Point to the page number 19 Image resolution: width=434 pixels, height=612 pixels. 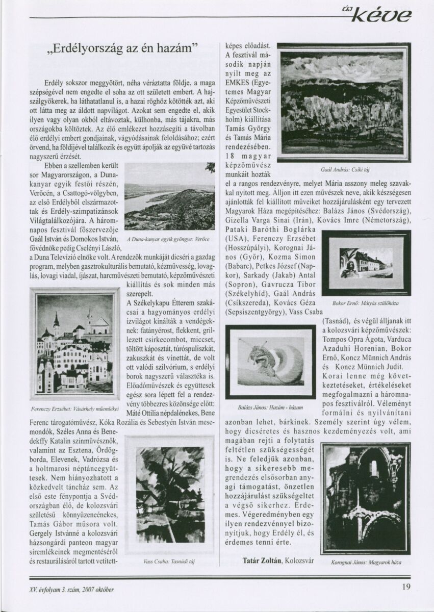pyautogui.click(x=406, y=586)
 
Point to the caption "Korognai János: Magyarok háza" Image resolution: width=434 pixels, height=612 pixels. pyautogui.click(x=365, y=562)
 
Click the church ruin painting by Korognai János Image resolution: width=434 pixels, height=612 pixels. pyautogui.click(x=365, y=498)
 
